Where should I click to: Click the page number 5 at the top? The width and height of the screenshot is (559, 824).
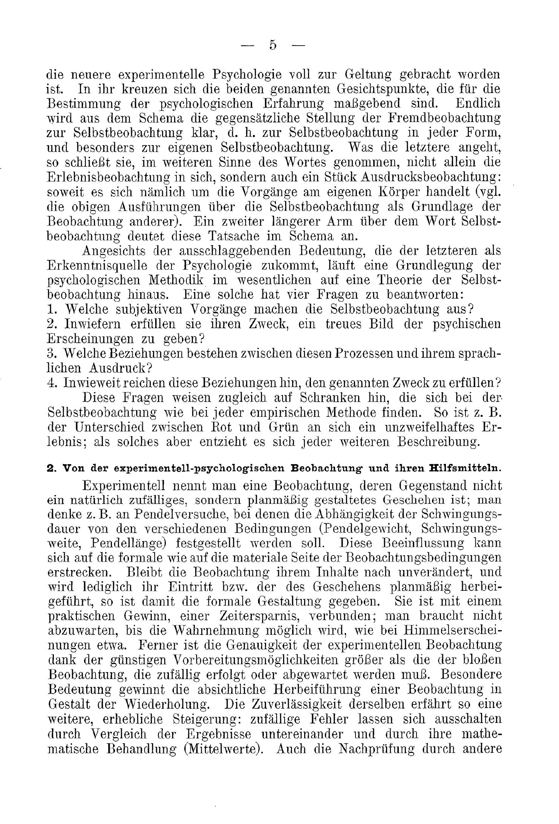pyautogui.click(x=273, y=46)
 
